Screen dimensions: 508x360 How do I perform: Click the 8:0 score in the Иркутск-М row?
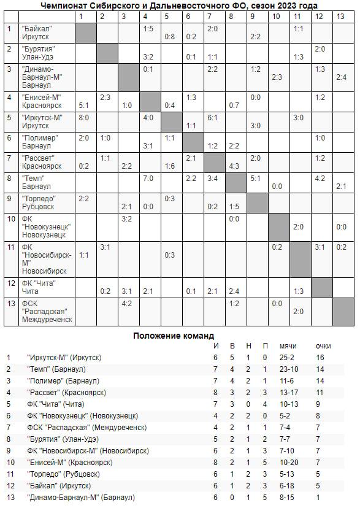(x=84, y=117)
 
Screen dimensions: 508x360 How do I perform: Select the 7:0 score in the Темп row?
(x=148, y=179)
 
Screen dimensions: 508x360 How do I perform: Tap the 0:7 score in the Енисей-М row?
(x=233, y=105)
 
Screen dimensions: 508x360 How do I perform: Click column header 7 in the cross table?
(x=212, y=16)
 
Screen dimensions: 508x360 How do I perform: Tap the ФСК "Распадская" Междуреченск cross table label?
(x=46, y=311)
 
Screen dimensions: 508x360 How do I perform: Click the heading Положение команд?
(x=174, y=336)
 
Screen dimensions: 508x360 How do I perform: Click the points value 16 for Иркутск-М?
(x=320, y=357)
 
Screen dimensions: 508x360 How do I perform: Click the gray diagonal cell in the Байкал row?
(x=85, y=32)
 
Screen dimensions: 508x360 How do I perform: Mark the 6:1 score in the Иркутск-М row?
(x=213, y=117)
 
